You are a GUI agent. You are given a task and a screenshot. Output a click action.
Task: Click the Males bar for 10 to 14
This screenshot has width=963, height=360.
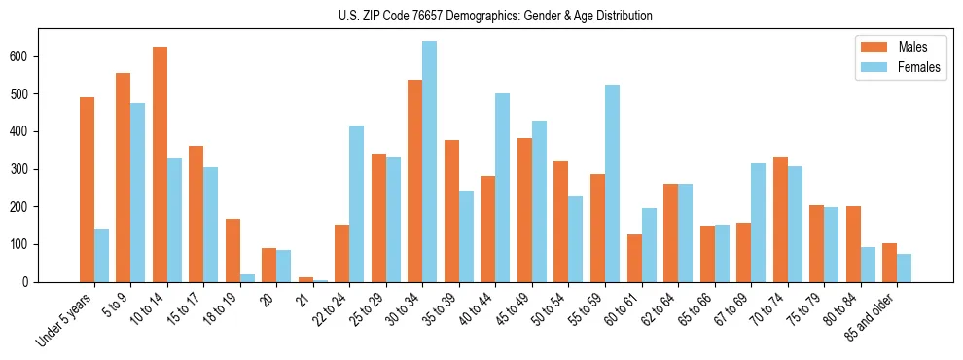[x=160, y=164]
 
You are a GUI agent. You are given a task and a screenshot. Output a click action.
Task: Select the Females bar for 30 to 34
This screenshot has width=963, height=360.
[x=429, y=162]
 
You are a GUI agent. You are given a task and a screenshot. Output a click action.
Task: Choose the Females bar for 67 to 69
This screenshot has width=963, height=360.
[x=758, y=223]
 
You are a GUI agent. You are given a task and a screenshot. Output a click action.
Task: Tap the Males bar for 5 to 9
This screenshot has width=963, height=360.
[x=123, y=177]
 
